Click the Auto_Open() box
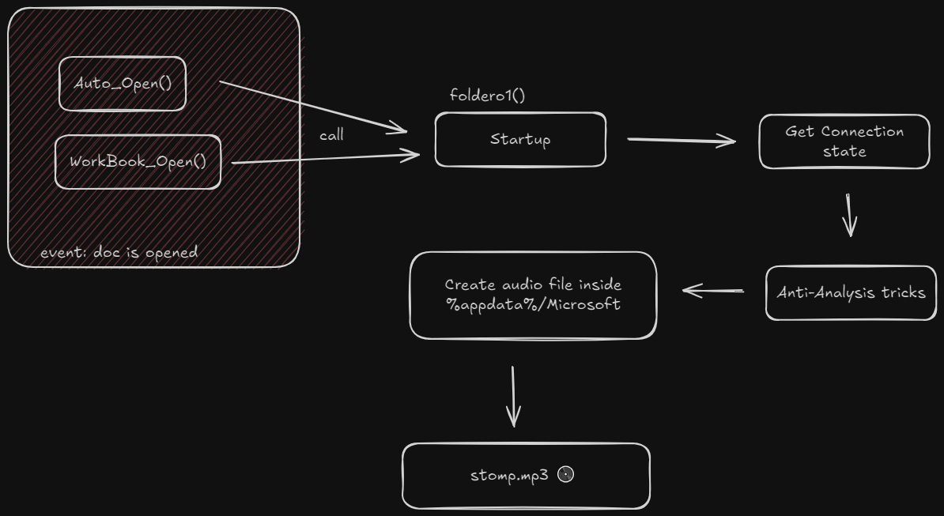pyautogui.click(x=123, y=84)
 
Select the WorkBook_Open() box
pyautogui.click(x=138, y=162)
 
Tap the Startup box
pyautogui.click(x=520, y=140)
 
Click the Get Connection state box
pyautogui.click(x=844, y=141)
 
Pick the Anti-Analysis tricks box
pyautogui.click(x=851, y=293)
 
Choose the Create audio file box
pyautogui.click(x=533, y=296)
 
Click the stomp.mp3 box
pyautogui.click(x=527, y=476)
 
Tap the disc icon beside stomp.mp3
pyautogui.click(x=566, y=474)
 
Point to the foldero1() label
pyautogui.click(x=487, y=95)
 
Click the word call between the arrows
pyautogui.click(x=332, y=134)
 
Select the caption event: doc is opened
pyautogui.click(x=119, y=253)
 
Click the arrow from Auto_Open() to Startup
pyautogui.click(x=313, y=107)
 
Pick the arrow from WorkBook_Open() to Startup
pyautogui.click(x=326, y=159)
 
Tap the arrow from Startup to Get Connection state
pyautogui.click(x=682, y=141)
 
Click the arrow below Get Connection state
pyautogui.click(x=849, y=215)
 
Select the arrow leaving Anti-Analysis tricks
pyautogui.click(x=713, y=291)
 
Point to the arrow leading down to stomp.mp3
pyautogui.click(x=513, y=397)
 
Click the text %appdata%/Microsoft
pyautogui.click(x=534, y=304)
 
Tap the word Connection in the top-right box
pyautogui.click(x=862, y=132)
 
